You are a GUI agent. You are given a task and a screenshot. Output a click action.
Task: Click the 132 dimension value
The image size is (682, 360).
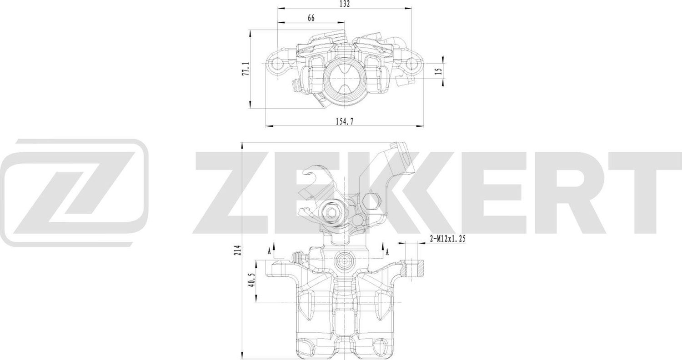pyautogui.click(x=345, y=4)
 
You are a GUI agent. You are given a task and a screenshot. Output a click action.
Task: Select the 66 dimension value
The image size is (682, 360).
pyautogui.click(x=311, y=18)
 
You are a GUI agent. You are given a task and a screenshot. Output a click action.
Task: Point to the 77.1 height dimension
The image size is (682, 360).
pyautogui.click(x=245, y=69)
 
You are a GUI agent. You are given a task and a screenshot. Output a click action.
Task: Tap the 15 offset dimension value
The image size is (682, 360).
pyautogui.click(x=438, y=71)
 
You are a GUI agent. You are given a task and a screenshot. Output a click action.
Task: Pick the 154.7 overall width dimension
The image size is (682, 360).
pyautogui.click(x=344, y=120)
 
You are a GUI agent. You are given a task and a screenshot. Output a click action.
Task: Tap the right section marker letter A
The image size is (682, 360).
pyautogui.click(x=387, y=250)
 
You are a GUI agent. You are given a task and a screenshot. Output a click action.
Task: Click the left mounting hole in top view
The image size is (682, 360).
pyautogui.click(x=276, y=65)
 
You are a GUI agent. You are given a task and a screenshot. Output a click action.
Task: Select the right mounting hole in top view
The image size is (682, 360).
pyautogui.click(x=412, y=64)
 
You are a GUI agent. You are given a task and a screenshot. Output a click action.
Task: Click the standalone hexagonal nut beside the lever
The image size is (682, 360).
pyautogui.click(x=371, y=200)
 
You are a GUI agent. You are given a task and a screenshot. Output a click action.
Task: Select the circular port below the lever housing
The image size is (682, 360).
pyautogui.click(x=344, y=262)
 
